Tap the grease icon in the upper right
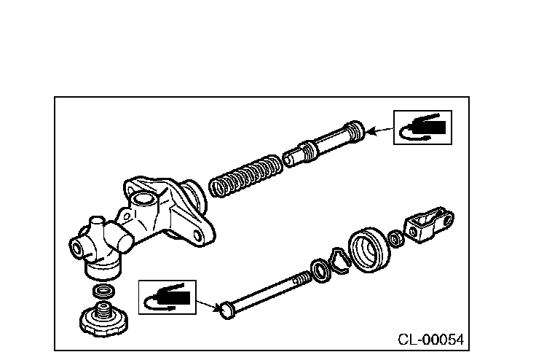(422, 128)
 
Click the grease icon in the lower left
(167, 297)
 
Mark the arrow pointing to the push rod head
(208, 302)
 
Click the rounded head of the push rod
(226, 309)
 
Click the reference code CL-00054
(430, 339)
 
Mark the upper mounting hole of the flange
(133, 192)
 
